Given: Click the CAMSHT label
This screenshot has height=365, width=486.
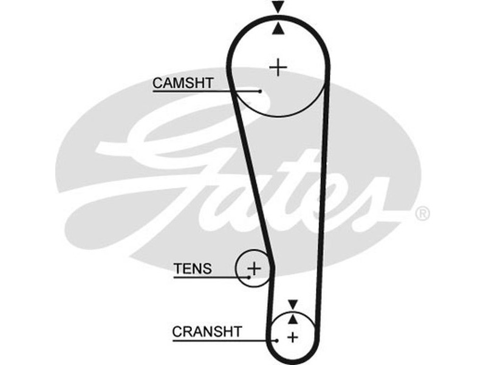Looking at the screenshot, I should pyautogui.click(x=183, y=83).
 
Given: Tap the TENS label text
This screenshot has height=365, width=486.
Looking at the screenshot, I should pyautogui.click(x=193, y=268).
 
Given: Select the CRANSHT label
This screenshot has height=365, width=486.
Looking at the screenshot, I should pyautogui.click(x=207, y=332).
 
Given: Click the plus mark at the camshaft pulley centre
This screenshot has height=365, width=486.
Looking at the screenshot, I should pyautogui.click(x=278, y=66).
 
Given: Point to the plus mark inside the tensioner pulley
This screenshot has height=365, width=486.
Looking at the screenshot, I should pyautogui.click(x=255, y=267).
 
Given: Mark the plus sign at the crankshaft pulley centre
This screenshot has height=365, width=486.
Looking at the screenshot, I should pyautogui.click(x=293, y=336).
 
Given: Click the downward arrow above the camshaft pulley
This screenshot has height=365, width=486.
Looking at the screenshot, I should pyautogui.click(x=278, y=8).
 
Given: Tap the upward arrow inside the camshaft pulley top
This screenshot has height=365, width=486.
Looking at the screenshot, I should pyautogui.click(x=278, y=27).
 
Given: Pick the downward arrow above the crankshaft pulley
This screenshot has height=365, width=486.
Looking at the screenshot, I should pyautogui.click(x=293, y=304).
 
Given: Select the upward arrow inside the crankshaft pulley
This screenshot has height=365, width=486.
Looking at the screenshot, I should pyautogui.click(x=293, y=318).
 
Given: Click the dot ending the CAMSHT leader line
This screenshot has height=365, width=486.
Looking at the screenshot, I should pyautogui.click(x=260, y=91).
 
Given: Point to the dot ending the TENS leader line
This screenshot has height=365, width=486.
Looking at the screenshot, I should pyautogui.click(x=249, y=277).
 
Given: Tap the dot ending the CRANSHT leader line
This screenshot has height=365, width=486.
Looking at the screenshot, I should pyautogui.click(x=277, y=340).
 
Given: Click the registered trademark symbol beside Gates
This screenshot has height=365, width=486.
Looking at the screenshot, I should pyautogui.click(x=422, y=214).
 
